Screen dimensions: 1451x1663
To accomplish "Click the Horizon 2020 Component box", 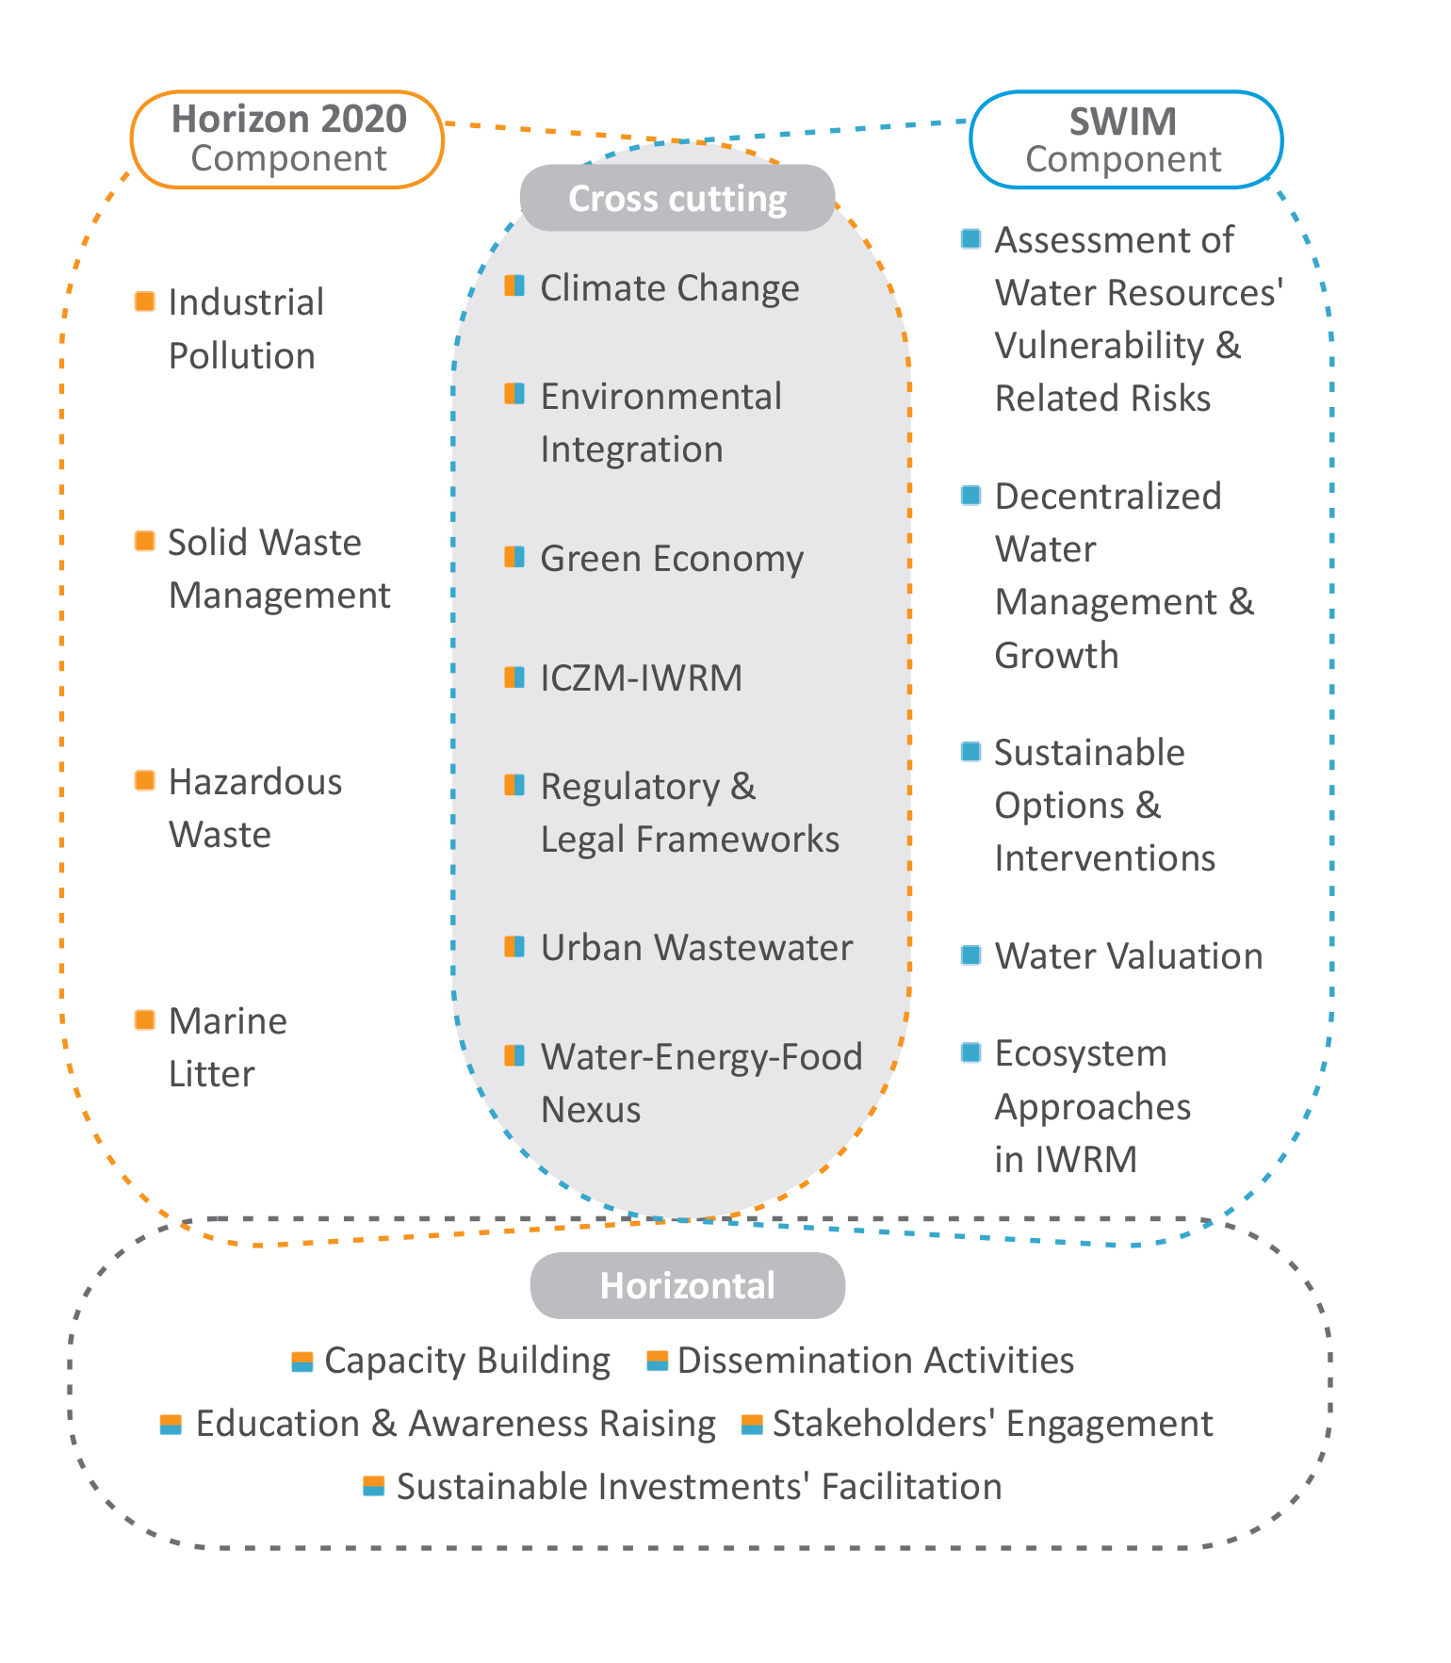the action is pyautogui.click(x=287, y=139).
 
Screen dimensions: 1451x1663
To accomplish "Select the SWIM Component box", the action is pyautogui.click(x=1126, y=139).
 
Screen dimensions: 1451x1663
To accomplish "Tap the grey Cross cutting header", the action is pyautogui.click(x=677, y=198).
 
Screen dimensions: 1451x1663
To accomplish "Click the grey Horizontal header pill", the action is pyautogui.click(x=688, y=1285).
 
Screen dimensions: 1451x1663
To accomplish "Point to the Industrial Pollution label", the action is pyautogui.click(x=246, y=329).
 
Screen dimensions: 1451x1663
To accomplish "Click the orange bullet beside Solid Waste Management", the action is pyautogui.click(x=144, y=541).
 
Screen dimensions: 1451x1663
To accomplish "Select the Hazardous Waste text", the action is pyautogui.click(x=255, y=807).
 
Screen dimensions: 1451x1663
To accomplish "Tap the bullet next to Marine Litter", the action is pyautogui.click(x=144, y=1019).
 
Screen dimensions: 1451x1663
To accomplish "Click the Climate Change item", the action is pyautogui.click(x=670, y=287).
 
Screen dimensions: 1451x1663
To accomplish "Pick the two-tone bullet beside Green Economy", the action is pyautogui.click(x=514, y=557).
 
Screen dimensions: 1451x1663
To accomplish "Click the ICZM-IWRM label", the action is pyautogui.click(x=641, y=677).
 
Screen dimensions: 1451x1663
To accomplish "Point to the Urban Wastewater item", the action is pyautogui.click(x=696, y=947).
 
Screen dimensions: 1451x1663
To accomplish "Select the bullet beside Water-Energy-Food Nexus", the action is pyautogui.click(x=514, y=1055).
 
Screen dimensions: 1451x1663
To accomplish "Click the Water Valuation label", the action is pyautogui.click(x=1129, y=955).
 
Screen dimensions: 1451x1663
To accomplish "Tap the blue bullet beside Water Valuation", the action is pyautogui.click(x=970, y=954).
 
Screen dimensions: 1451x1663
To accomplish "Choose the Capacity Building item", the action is pyautogui.click(x=467, y=1361).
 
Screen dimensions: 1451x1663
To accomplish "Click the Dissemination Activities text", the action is pyautogui.click(x=875, y=1361).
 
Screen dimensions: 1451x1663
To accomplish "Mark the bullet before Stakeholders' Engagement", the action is pyautogui.click(x=752, y=1424).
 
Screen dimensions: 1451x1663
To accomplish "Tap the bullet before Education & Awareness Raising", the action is pyautogui.click(x=171, y=1424).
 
